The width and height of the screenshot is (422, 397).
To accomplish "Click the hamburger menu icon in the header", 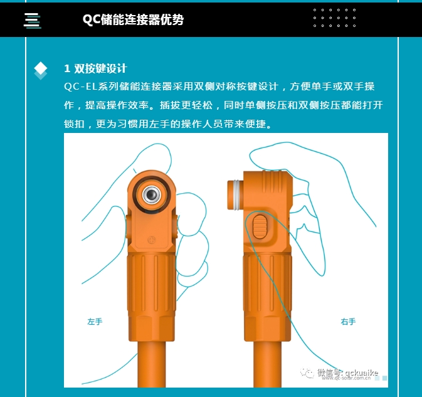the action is (x=33, y=21).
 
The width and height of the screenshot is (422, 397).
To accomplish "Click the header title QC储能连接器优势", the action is (x=133, y=19).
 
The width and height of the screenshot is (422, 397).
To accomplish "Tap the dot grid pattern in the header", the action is (x=335, y=18).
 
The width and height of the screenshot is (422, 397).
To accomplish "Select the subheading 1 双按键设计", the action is (x=95, y=68).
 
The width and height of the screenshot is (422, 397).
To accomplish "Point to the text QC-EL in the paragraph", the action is (x=80, y=87).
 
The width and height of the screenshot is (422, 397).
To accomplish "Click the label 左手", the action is (x=95, y=322).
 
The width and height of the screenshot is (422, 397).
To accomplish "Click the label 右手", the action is (x=348, y=322).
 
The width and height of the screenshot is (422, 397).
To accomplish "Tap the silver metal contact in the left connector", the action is (x=152, y=194).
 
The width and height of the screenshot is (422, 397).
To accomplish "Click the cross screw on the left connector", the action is (x=152, y=240).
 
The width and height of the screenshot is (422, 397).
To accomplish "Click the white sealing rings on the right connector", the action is (x=237, y=195).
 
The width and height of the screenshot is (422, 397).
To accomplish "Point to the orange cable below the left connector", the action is (x=152, y=364).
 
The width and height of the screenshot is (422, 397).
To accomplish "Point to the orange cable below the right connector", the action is (x=267, y=364).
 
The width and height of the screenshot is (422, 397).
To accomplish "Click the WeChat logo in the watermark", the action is (x=307, y=373).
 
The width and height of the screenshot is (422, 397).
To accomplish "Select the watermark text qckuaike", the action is (x=361, y=373).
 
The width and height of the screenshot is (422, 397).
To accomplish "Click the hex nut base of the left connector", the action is (x=152, y=329).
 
